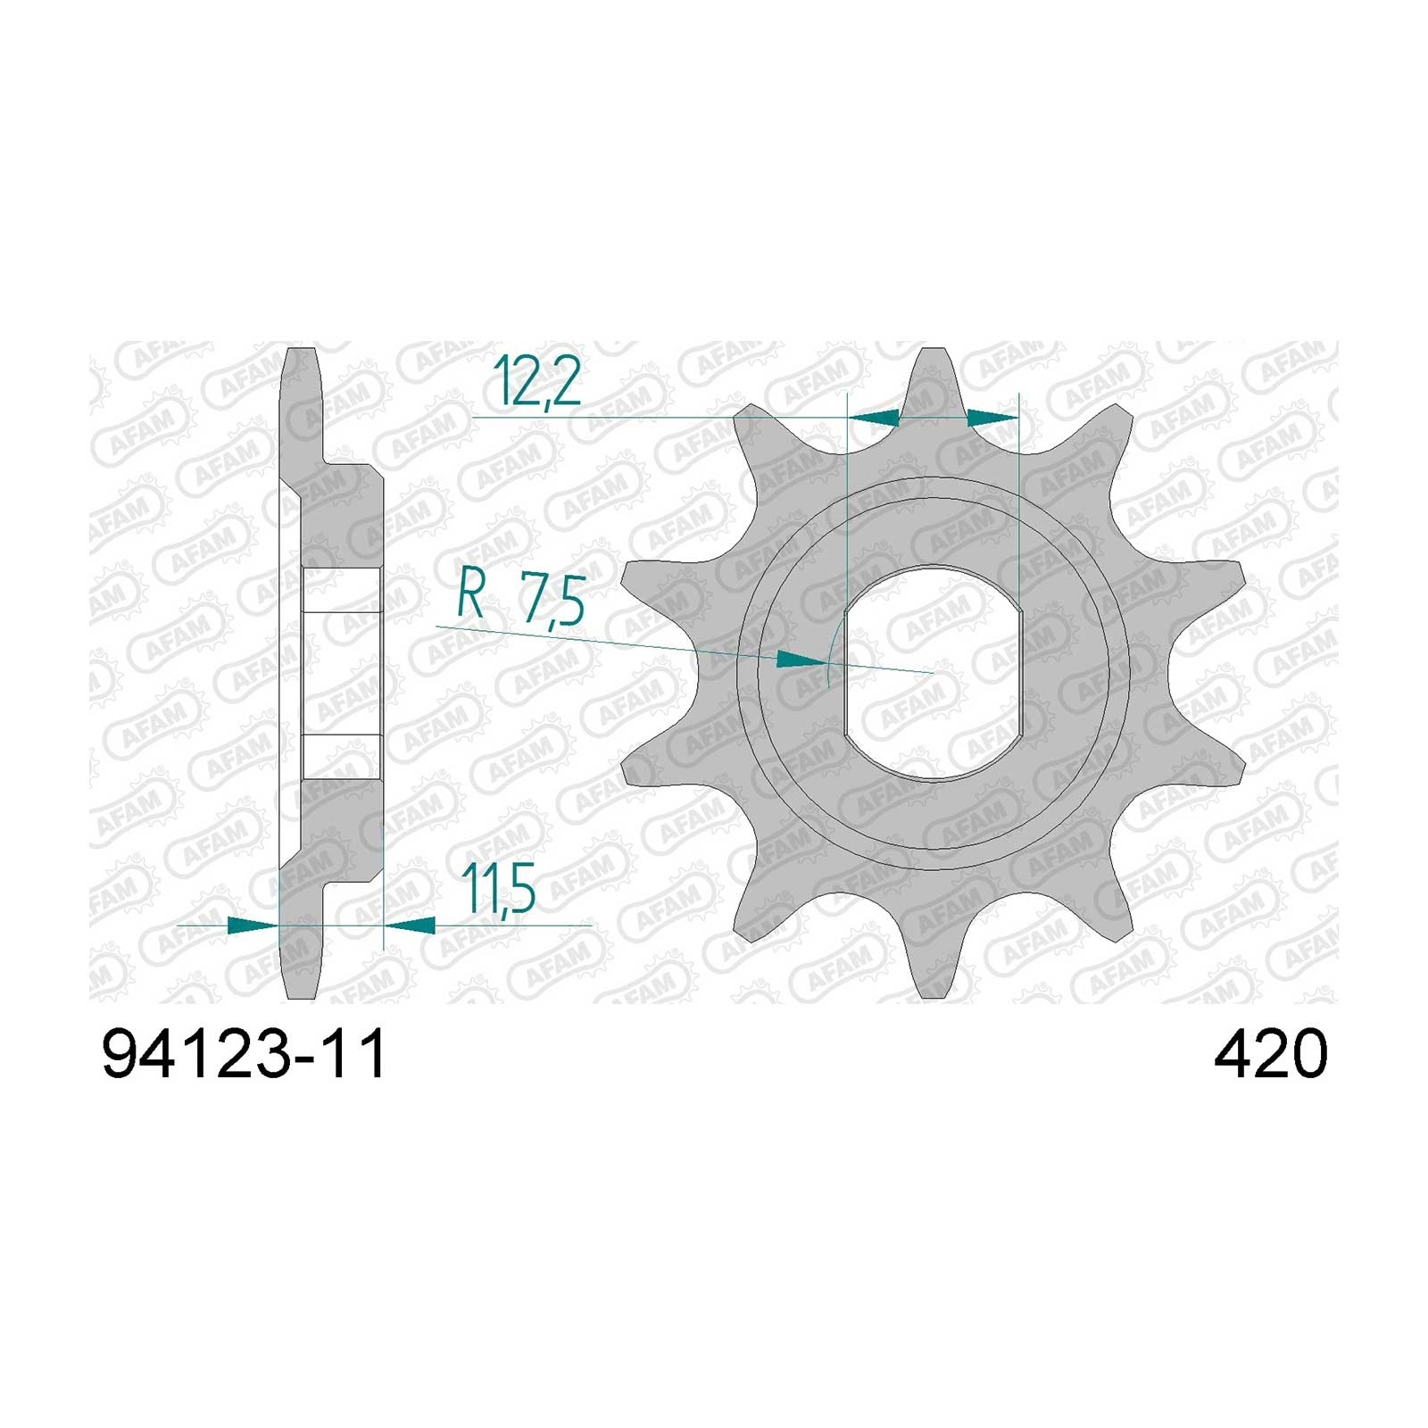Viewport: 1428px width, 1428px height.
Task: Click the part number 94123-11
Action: point(245,1056)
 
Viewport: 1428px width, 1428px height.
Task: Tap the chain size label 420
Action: point(1270,1056)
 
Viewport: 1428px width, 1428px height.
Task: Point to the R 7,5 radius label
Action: point(520,599)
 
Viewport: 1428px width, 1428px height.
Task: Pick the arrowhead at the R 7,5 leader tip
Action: point(800,660)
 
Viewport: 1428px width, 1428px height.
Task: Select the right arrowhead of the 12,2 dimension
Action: point(992,417)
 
